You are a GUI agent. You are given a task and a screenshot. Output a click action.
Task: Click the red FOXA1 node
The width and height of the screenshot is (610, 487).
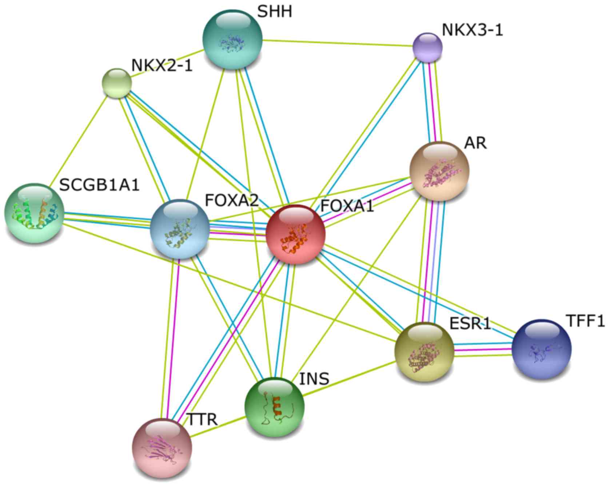click(295, 234)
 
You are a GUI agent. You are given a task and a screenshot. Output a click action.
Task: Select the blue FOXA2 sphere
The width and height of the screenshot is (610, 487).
click(180, 229)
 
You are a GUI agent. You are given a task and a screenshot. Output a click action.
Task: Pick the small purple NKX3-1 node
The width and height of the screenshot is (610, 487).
click(428, 47)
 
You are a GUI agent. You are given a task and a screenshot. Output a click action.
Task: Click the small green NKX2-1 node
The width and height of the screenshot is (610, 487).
click(117, 83)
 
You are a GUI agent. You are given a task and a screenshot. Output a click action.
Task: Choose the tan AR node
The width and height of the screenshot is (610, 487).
click(439, 171)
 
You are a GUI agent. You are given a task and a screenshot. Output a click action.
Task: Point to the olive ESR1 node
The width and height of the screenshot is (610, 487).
click(424, 352)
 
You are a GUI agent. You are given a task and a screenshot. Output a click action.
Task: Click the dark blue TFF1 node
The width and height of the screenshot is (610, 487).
click(541, 349)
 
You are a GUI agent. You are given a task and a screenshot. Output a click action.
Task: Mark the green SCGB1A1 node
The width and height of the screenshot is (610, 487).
click(34, 213)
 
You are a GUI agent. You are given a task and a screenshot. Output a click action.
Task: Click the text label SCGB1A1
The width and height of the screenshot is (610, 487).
click(99, 185)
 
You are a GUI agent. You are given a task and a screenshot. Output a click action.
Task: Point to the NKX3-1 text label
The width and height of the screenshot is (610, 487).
click(472, 30)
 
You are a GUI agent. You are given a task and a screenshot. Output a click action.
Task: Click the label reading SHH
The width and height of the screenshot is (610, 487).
click(274, 12)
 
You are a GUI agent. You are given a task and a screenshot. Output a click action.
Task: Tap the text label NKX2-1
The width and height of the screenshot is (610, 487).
click(162, 66)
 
